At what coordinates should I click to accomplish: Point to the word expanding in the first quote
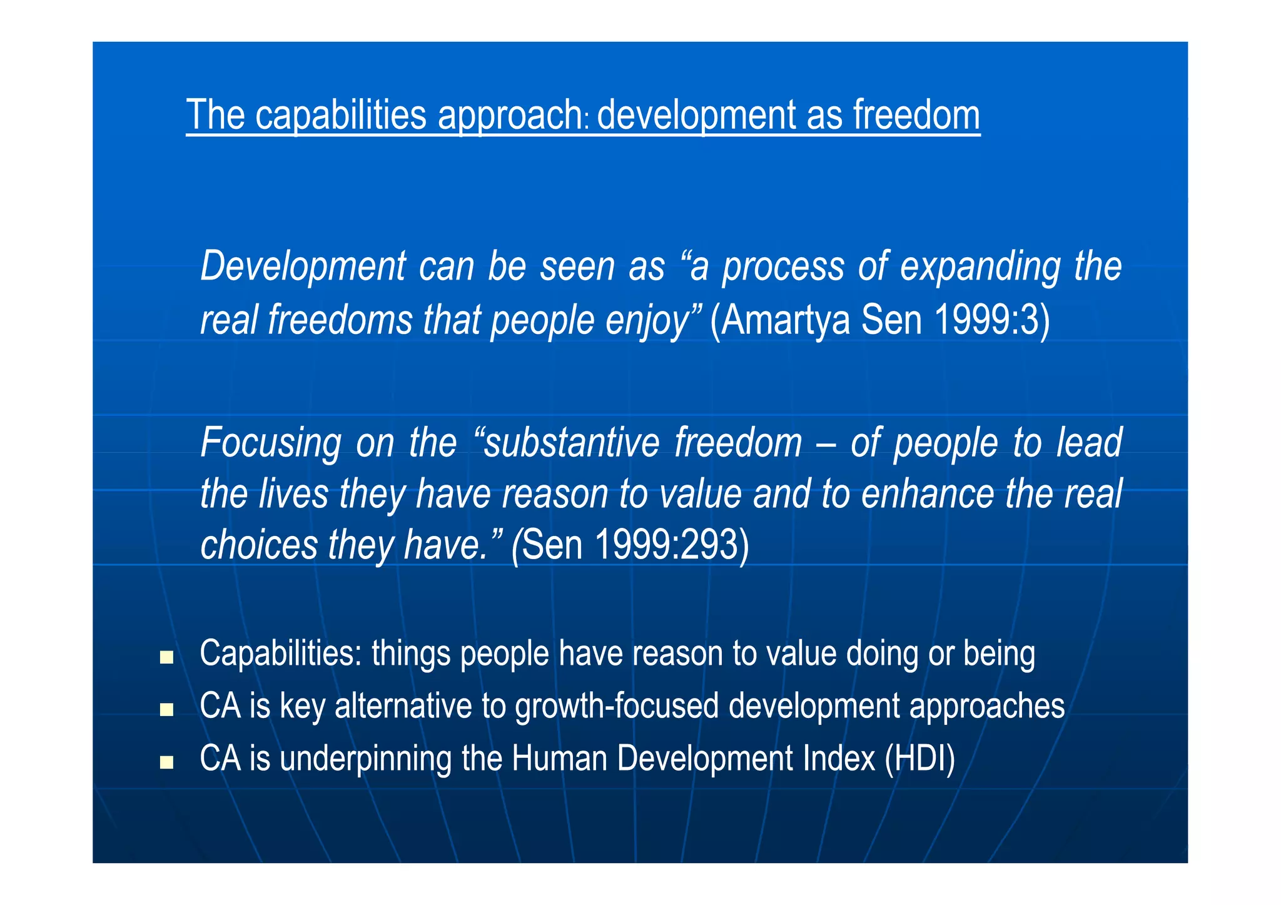click(980, 267)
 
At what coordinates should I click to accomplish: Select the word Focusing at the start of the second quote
click(271, 443)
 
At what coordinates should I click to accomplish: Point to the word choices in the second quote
click(259, 545)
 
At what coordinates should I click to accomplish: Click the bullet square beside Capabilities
click(166, 657)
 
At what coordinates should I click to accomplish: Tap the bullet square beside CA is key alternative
click(166, 709)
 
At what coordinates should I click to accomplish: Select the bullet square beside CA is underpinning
click(166, 762)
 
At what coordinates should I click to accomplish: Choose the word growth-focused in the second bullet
click(617, 706)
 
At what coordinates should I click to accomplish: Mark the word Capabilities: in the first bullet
click(281, 654)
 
